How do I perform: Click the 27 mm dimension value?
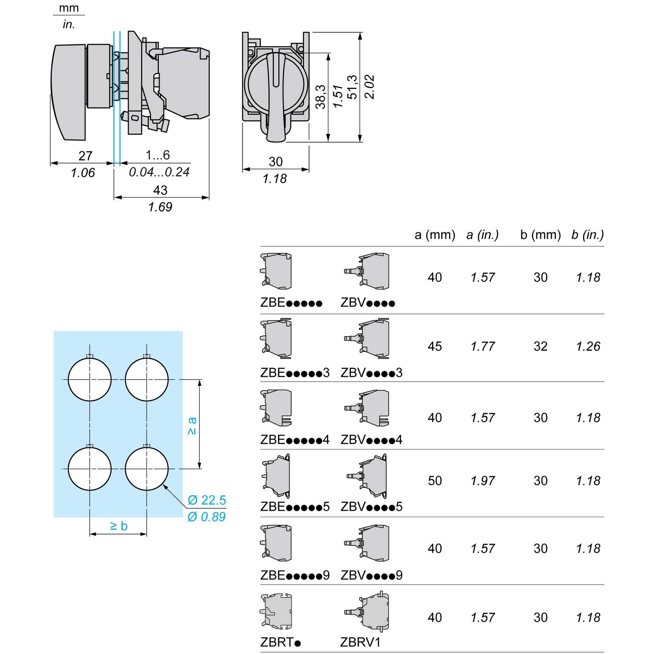85,156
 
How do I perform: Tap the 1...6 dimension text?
158,155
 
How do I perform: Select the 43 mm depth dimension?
160,190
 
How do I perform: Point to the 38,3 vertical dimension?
320,97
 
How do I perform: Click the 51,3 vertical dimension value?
352,87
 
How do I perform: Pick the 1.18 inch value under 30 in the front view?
275,179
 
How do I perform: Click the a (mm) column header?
435,235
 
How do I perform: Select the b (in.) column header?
588,235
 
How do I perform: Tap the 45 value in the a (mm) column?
435,346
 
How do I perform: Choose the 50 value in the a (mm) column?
435,480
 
